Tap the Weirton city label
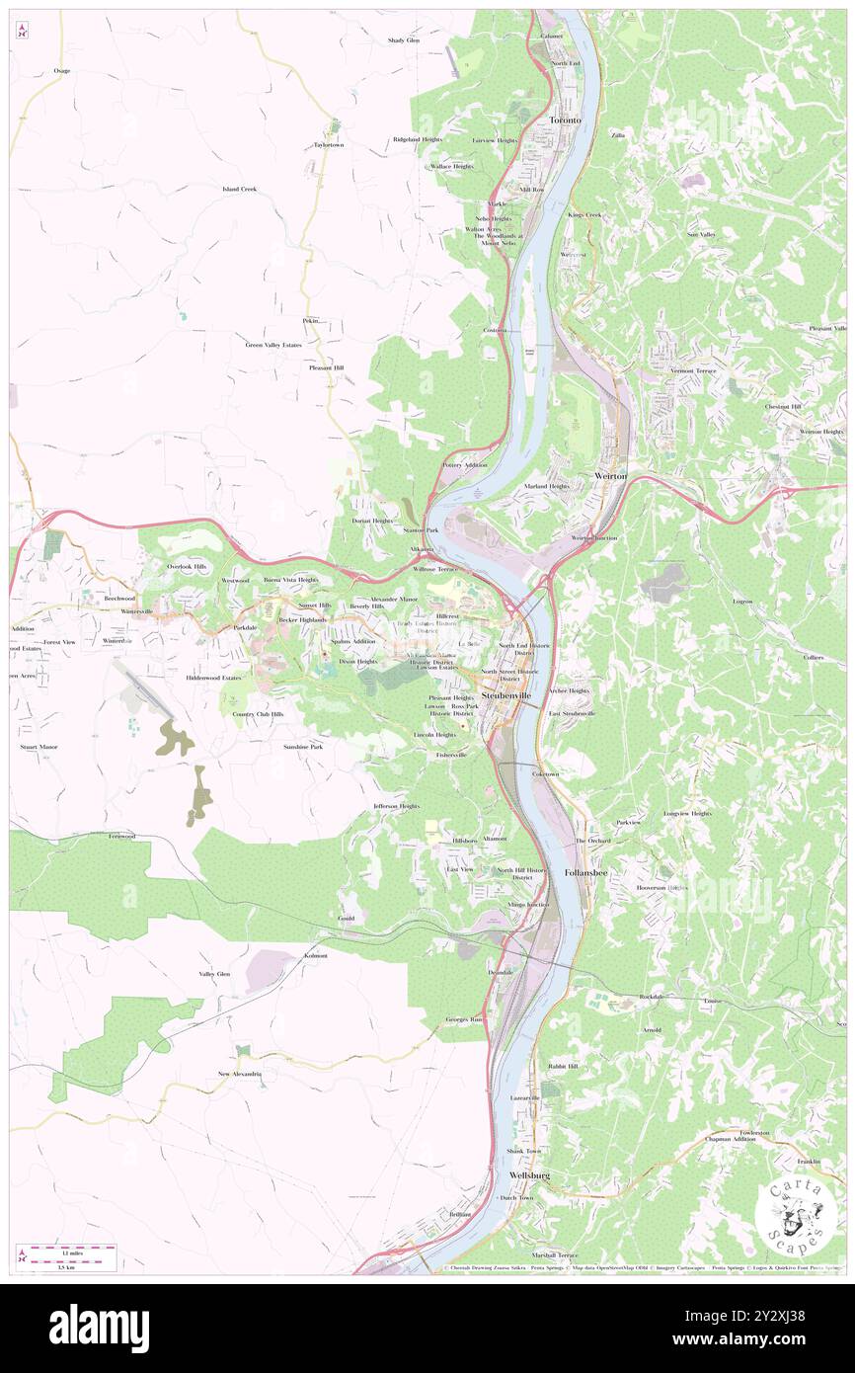[x=611, y=476]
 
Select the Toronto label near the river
[x=566, y=120]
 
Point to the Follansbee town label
[x=584, y=873]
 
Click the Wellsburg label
[x=529, y=1175]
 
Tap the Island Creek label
[x=239, y=188]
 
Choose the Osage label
[x=62, y=71]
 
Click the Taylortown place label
[x=329, y=145]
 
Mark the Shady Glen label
[x=403, y=40]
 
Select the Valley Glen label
[x=214, y=974]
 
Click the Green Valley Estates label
[x=273, y=345]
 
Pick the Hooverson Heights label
[x=661, y=887]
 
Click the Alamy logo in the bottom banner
[x=99, y=1329]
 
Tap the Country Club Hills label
[x=258, y=713]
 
